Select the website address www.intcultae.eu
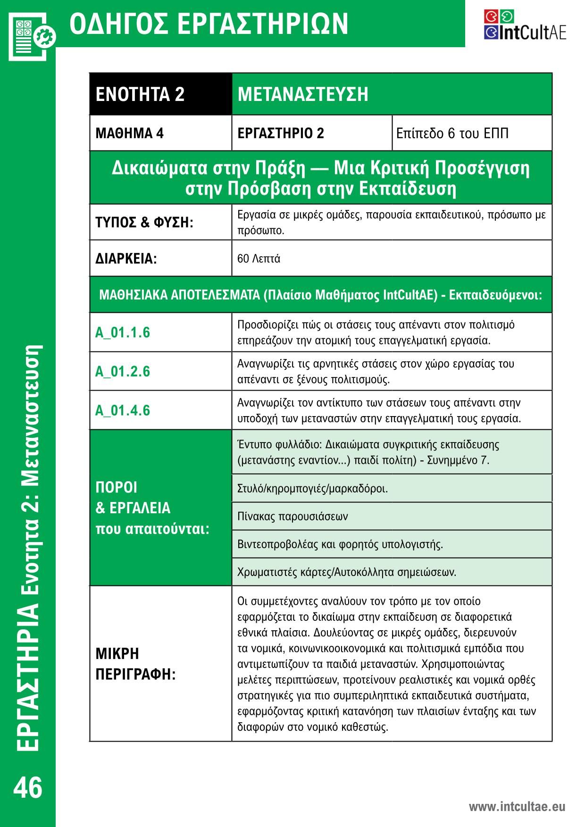[x=517, y=806]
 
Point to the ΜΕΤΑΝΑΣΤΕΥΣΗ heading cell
[x=392, y=94]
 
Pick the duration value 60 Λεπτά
[x=259, y=259]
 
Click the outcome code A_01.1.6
[x=123, y=333]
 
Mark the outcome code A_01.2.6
[x=123, y=371]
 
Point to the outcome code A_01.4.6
[x=123, y=410]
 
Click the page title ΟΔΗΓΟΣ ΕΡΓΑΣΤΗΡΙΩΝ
[x=209, y=24]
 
